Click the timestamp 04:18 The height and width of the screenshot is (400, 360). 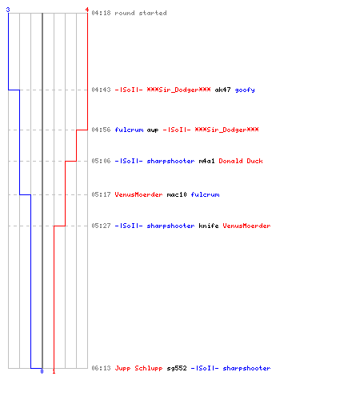(101, 13)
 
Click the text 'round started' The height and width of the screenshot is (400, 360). (141, 13)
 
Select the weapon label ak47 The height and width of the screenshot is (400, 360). (222, 90)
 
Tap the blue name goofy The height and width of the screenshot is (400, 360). (245, 90)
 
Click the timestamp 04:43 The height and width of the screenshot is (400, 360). (101, 90)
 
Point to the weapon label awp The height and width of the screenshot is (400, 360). (153, 130)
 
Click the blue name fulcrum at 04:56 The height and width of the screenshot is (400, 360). (129, 130)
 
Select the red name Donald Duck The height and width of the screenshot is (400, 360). (241, 161)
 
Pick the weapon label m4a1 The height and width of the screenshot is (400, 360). (206, 161)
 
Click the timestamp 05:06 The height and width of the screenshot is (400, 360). (101, 161)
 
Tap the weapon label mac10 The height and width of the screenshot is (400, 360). (177, 194)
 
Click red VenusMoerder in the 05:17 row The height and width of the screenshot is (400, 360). (138, 194)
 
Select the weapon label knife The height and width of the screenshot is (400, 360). (209, 226)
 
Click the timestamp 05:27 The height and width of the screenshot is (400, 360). (101, 226)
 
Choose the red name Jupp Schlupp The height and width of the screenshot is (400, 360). (138, 368)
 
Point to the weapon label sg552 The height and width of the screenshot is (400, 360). (177, 368)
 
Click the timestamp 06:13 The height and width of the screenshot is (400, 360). (101, 368)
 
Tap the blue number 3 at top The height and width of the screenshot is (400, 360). (8, 10)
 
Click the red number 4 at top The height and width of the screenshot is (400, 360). (87, 10)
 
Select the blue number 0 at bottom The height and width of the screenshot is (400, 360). (42, 371)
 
